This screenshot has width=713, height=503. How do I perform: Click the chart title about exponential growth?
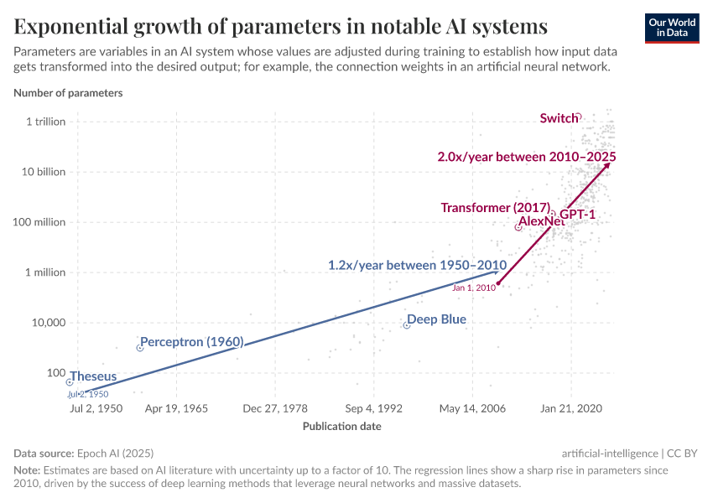pyautogui.click(x=281, y=26)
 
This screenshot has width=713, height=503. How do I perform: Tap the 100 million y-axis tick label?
pyautogui.click(x=38, y=222)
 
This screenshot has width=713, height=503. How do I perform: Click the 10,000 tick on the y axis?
pyautogui.click(x=47, y=323)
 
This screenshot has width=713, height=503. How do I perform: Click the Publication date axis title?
pyautogui.click(x=341, y=426)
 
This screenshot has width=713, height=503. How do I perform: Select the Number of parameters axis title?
pyautogui.click(x=68, y=93)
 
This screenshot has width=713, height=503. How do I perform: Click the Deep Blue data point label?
pyautogui.click(x=436, y=319)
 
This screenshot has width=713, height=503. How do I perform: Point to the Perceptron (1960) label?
pyautogui.click(x=191, y=342)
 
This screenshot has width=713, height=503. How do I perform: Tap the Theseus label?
pyautogui.click(x=93, y=376)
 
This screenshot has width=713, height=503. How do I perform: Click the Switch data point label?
pyautogui.click(x=558, y=118)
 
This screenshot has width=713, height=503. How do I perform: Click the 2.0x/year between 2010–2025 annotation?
pyautogui.click(x=527, y=157)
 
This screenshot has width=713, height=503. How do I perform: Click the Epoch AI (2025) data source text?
pyautogui.click(x=117, y=452)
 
